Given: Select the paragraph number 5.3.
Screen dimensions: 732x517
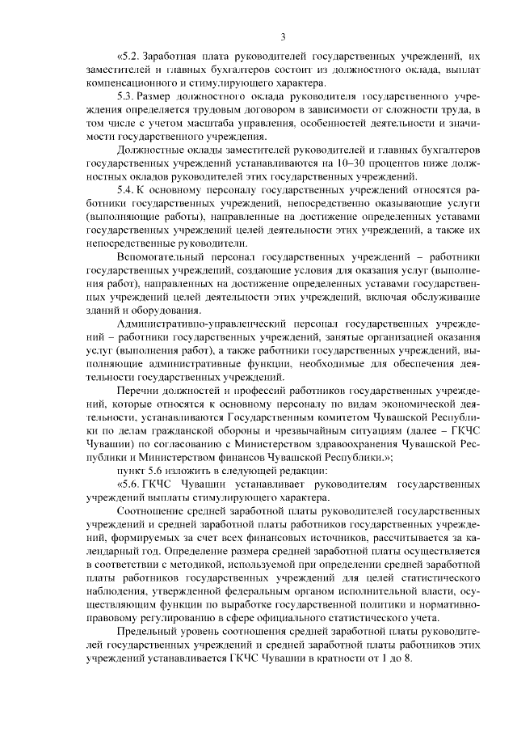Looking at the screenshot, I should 128,96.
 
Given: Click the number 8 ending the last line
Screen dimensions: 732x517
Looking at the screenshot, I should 408,658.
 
